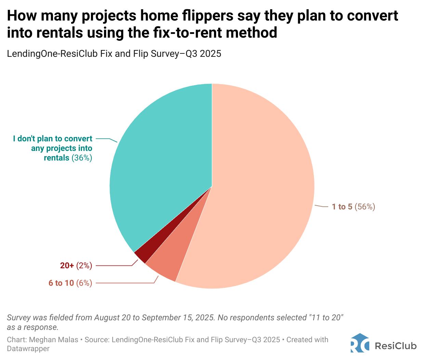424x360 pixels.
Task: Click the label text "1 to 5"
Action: [x=342, y=207]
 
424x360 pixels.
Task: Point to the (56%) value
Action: [x=365, y=207]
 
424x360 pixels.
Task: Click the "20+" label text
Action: [x=67, y=266]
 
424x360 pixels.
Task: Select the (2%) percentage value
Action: [x=84, y=266]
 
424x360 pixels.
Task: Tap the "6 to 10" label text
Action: [x=61, y=283]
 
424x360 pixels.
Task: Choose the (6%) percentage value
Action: [x=84, y=283]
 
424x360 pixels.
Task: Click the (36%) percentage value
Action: [x=82, y=158]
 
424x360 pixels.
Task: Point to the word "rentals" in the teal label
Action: [x=56, y=158]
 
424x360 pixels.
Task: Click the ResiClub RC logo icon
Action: [x=360, y=343]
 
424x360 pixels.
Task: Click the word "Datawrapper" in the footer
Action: [x=28, y=349]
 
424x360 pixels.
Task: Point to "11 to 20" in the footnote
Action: [x=326, y=318]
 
